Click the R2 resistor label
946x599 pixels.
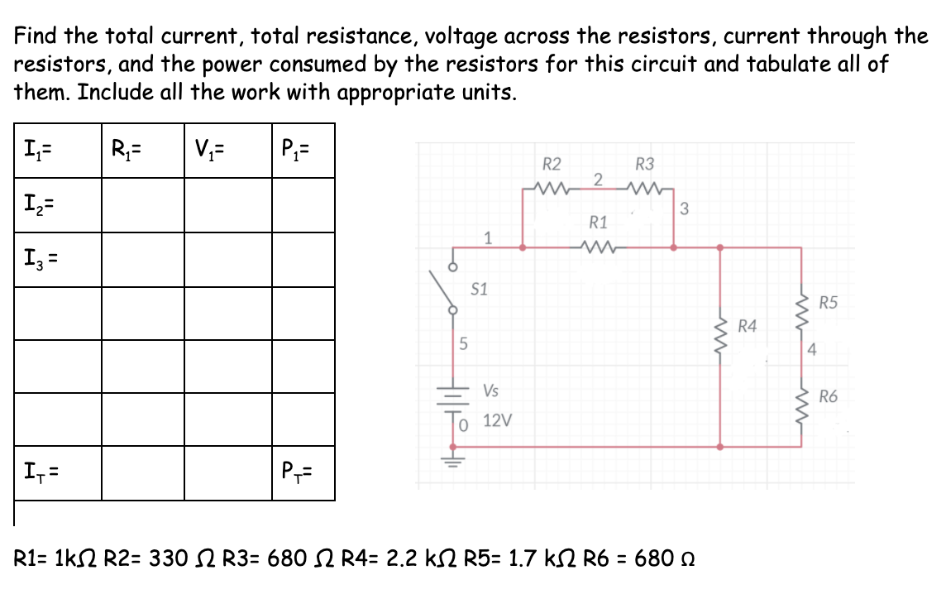coord(552,163)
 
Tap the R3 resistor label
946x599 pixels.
coord(645,163)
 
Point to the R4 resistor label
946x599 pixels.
coord(748,326)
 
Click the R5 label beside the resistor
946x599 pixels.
coord(829,302)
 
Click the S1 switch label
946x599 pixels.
coord(479,290)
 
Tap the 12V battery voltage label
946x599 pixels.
coord(497,421)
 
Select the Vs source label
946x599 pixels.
coord(490,390)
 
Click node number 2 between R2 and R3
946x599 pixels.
coord(599,180)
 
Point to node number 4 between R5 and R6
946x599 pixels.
coord(813,349)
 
